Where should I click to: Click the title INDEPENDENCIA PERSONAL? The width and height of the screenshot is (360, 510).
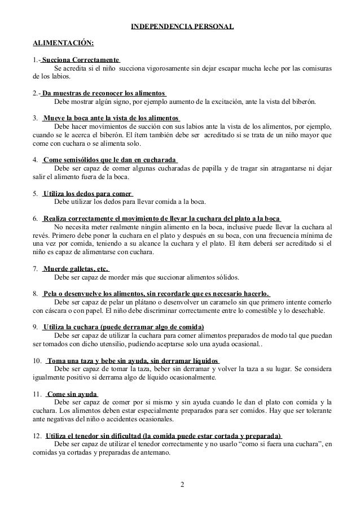tap(182, 27)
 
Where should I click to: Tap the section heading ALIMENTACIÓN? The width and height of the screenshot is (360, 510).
tap(64, 43)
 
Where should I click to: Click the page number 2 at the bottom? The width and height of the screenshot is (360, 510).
tap(182, 484)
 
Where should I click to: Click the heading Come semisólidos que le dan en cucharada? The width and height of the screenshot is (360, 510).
tap(109, 160)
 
